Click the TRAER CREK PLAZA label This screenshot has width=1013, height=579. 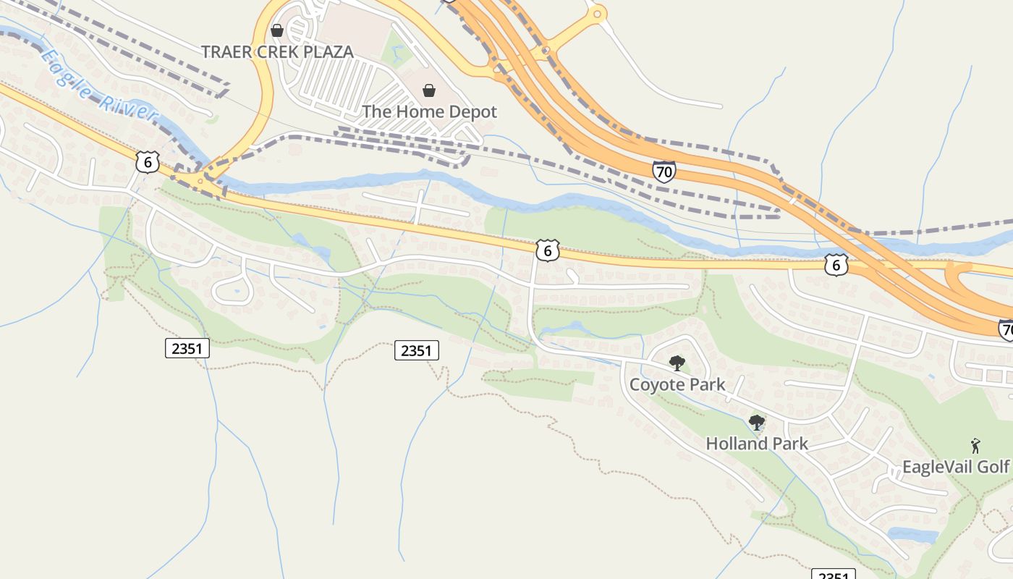(277, 51)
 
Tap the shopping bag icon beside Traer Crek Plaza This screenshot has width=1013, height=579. (276, 30)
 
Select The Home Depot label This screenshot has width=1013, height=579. (429, 111)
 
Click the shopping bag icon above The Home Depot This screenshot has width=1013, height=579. (429, 90)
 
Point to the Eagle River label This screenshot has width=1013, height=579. (98, 83)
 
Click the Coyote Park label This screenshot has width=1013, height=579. (677, 384)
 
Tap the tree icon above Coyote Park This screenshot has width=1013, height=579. (677, 363)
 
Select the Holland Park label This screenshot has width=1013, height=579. (756, 444)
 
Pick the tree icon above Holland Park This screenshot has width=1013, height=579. (757, 422)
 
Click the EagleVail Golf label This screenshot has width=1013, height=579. (955, 467)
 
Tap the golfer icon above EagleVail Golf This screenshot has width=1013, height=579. (975, 446)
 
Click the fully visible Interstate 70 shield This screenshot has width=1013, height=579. (664, 172)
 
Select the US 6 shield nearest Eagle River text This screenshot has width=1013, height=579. (147, 162)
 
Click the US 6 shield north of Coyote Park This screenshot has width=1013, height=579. (548, 250)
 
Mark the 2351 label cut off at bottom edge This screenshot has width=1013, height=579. (833, 574)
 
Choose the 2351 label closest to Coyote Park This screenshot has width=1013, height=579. (417, 351)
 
